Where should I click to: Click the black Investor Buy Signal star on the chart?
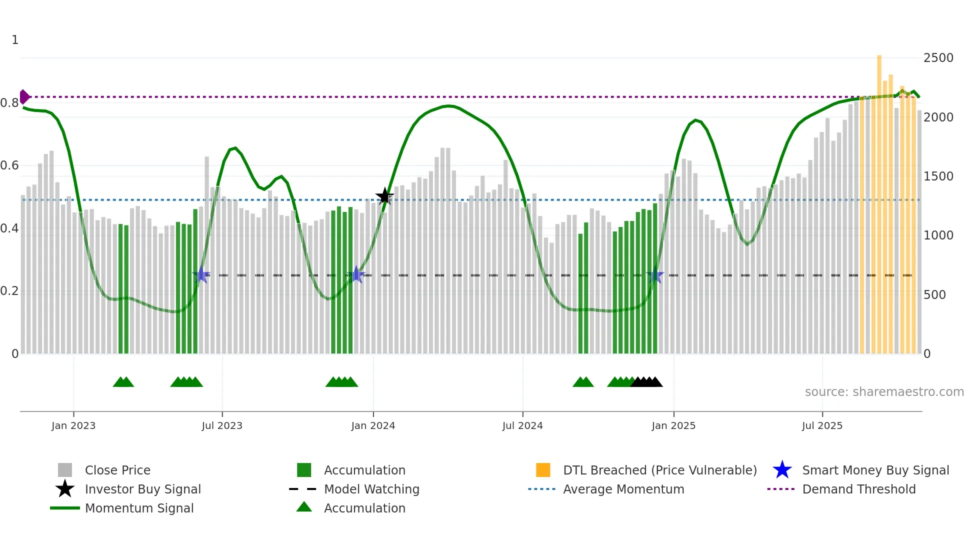coord(384,196)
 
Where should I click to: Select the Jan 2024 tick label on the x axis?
coord(373,425)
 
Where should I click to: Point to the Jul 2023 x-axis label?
coord(222,425)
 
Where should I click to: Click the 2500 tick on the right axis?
coord(938,58)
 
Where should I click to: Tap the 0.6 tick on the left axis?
coord(9,165)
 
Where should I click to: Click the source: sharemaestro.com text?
coord(884,392)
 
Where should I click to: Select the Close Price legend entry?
coord(117,470)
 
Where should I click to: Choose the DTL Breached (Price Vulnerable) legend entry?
coord(659,470)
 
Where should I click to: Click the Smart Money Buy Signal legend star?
coord(782,470)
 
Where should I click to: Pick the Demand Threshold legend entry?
coord(858,489)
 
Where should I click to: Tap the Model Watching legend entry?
coord(371,489)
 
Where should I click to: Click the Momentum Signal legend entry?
coord(139,508)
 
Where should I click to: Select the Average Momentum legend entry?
coord(623,489)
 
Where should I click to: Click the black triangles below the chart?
coord(646,382)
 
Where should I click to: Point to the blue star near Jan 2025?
coord(654,275)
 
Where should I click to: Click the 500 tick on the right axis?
coord(934,295)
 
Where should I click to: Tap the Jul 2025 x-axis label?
coord(822,425)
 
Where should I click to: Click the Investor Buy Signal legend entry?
coord(142,489)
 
